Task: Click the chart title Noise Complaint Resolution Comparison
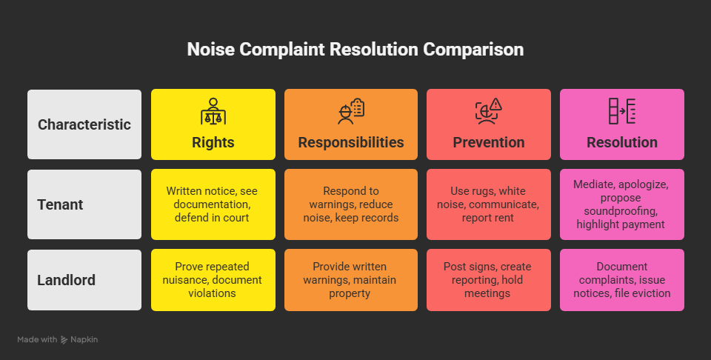coord(355,50)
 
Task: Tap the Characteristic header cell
coord(84,124)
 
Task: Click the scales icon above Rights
coord(213,111)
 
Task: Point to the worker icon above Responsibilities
coord(350,111)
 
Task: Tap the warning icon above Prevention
coord(489,111)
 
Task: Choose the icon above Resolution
coord(622,111)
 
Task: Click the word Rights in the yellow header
coord(213,142)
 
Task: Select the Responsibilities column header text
coord(351,142)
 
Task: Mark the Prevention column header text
coord(489,142)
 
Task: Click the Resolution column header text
coord(622,142)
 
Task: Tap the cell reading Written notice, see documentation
coord(213,204)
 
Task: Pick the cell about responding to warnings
coord(351,204)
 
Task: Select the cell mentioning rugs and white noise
coord(489,204)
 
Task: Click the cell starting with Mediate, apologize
coord(622,204)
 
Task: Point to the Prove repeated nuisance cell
coord(213,280)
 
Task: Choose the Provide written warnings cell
coord(351,280)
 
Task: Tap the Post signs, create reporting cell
coord(489,280)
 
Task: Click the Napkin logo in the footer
coord(80,339)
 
